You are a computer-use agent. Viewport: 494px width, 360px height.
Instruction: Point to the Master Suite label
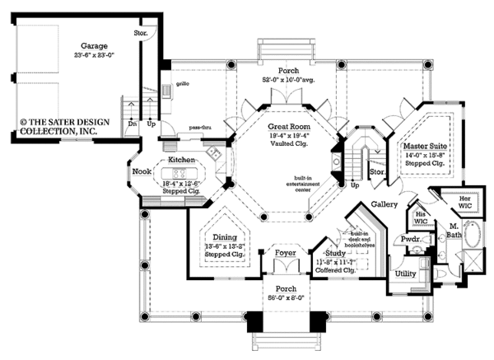[425, 145]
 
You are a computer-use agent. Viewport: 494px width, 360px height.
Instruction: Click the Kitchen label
[181, 159]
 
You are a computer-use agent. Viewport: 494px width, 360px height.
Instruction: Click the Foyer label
[286, 255]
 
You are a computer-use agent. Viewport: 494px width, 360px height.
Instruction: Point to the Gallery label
[384, 203]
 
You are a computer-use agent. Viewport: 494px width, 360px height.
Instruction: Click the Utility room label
[406, 273]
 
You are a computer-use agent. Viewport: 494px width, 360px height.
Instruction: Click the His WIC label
[420, 214]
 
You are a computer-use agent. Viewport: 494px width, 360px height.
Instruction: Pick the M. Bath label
[454, 229]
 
